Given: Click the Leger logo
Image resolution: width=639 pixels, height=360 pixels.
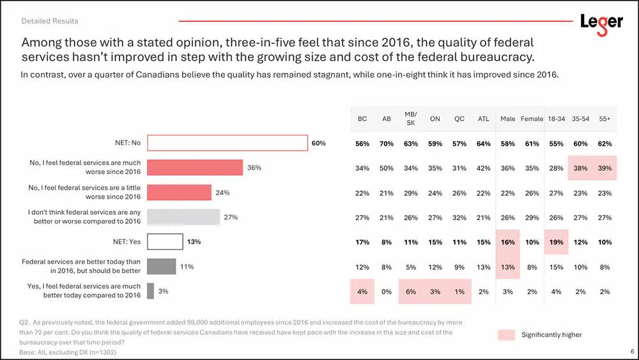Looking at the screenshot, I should click(x=601, y=22).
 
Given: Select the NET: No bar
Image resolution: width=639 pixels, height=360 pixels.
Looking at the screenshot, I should click(x=227, y=143).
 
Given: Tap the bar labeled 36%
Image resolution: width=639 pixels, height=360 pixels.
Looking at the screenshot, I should click(x=195, y=168).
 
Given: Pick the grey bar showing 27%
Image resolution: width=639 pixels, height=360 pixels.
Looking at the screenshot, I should click(x=183, y=217).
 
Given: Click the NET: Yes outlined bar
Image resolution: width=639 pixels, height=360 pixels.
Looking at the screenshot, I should click(x=165, y=242).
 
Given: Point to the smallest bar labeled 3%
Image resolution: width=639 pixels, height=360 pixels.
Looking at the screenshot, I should click(x=150, y=291).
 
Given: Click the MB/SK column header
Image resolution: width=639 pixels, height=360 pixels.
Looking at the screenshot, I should click(x=411, y=118).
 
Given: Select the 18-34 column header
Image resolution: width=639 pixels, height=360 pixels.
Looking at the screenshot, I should click(x=556, y=118).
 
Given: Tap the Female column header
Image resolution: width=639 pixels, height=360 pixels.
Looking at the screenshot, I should click(x=532, y=118).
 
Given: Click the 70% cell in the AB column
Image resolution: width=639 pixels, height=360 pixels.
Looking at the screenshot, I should click(x=387, y=143).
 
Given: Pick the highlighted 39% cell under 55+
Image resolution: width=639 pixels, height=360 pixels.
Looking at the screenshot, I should click(x=604, y=168).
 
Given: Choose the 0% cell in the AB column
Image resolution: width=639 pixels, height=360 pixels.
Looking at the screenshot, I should click(x=387, y=292).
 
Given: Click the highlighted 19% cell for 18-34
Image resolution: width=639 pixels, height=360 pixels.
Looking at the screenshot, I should click(x=556, y=242).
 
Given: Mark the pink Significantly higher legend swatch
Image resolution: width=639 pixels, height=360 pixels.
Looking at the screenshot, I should click(x=506, y=334).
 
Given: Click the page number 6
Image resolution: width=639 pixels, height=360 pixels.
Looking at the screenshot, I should click(x=632, y=351).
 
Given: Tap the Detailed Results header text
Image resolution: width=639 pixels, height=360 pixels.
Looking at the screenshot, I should click(x=50, y=20).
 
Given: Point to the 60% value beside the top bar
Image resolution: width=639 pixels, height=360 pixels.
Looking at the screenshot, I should click(x=318, y=143).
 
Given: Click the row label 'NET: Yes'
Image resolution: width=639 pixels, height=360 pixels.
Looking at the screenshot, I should click(x=127, y=242).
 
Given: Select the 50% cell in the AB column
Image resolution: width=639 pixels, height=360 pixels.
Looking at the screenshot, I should click(x=387, y=168).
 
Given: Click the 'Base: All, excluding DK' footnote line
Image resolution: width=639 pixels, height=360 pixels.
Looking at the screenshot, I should click(x=69, y=352).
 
